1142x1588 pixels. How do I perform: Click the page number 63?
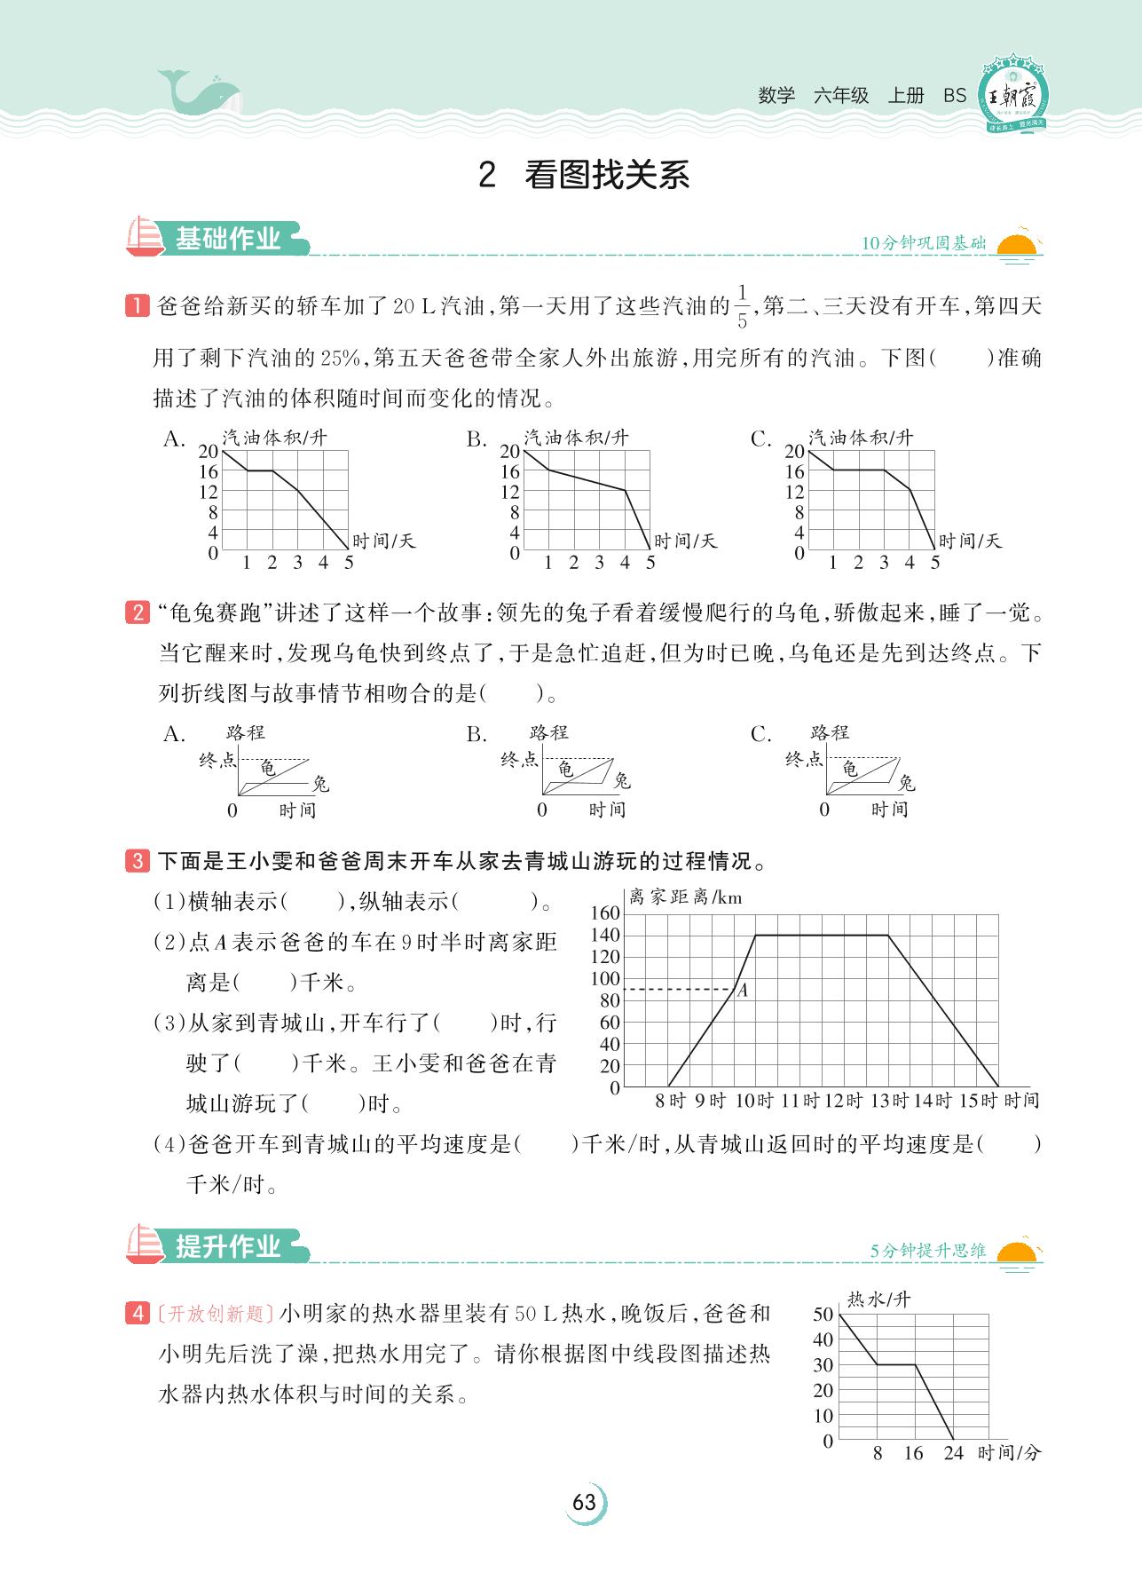pos(584,1502)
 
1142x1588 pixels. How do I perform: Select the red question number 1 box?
pos(138,307)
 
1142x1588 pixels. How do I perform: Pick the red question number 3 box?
pos(138,861)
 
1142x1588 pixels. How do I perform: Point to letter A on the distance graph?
pos(743,991)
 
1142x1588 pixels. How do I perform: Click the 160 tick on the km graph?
pos(605,913)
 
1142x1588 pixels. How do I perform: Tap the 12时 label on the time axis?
pos(844,1101)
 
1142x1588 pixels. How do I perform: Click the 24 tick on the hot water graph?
pos(953,1453)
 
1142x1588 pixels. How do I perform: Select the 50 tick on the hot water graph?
pos(823,1315)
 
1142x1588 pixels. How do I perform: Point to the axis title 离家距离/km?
pos(685,897)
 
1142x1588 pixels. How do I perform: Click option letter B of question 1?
pos(476,439)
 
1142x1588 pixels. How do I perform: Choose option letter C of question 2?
pos(761,734)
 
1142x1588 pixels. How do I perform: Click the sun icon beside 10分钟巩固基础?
pos(1018,247)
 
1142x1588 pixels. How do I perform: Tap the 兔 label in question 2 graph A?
pos(320,784)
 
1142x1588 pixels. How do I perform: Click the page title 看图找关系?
pos(606,176)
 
